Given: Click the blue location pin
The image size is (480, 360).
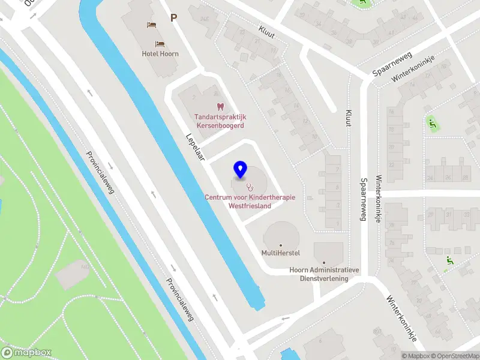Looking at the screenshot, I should (240, 170).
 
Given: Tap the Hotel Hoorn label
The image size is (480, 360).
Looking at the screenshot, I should (160, 53).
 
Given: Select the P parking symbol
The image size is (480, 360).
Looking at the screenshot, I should (173, 18).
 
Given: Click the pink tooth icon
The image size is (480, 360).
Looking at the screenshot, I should (220, 107).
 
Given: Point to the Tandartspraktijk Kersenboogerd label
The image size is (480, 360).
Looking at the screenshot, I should (221, 121).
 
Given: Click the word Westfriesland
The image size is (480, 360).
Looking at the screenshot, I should (250, 206).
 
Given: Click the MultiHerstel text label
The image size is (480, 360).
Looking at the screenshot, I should (280, 253).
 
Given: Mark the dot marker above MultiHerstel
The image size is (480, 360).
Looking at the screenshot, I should (280, 245).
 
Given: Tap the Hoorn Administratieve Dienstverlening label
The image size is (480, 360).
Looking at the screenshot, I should (324, 274).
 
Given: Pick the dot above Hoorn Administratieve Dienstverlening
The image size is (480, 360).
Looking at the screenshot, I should (324, 262).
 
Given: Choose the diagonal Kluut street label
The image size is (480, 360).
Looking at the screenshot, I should (266, 32).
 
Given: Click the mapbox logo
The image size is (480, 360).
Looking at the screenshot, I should (26, 352).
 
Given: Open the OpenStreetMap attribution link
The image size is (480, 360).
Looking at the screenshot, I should (453, 356).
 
